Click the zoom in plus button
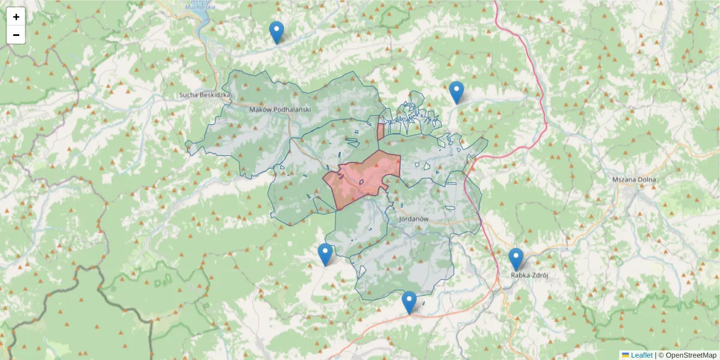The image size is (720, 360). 16,17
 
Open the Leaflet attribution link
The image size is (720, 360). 641,355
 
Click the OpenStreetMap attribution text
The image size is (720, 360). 691,355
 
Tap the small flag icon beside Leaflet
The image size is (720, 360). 625,355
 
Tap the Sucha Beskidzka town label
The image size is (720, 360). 205,95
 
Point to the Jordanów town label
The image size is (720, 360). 413,219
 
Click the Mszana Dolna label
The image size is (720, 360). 634,179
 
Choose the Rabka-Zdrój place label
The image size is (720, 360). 529,275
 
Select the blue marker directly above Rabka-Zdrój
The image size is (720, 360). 516,259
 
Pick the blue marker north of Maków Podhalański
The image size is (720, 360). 276,32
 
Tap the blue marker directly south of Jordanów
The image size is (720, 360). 409,302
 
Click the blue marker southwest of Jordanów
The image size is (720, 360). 325,254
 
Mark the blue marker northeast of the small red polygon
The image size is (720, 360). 457,92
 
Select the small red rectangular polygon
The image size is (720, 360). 380,131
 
